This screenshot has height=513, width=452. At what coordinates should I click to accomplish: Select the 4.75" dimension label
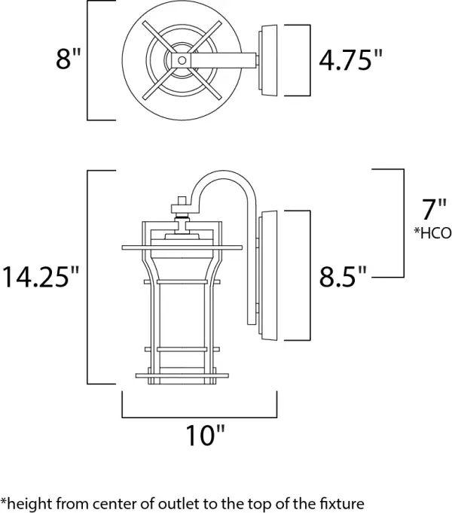346,60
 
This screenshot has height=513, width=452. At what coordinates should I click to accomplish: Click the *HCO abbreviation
432,233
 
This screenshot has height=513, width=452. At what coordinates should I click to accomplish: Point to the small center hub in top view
182,59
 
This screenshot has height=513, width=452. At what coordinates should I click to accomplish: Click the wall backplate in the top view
267,60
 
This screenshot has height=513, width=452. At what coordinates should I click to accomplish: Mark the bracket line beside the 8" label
89,60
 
